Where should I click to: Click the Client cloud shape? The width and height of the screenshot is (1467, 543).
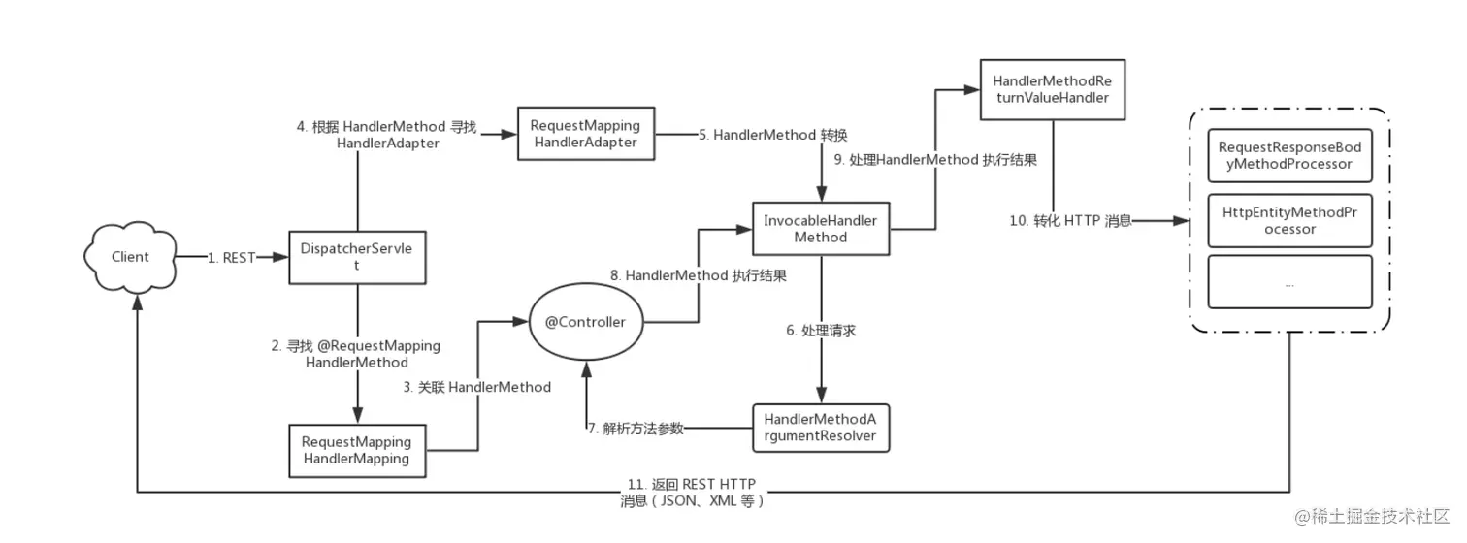point(130,257)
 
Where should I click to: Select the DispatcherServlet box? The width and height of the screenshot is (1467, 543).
point(358,257)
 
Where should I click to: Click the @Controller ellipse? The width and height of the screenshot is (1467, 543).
point(585,321)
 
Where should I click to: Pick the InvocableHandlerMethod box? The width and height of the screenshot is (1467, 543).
point(821,229)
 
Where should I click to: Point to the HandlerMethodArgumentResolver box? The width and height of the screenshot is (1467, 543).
point(821,428)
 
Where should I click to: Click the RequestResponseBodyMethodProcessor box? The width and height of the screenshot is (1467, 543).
point(1289,155)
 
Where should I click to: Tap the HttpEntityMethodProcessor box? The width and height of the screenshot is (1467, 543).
point(1289,220)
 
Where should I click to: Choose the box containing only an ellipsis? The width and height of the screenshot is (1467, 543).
point(1289,283)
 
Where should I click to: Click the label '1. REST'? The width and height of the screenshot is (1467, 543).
point(231,258)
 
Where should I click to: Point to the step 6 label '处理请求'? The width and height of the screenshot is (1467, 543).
point(821,331)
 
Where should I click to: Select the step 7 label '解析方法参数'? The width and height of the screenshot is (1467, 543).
point(636,429)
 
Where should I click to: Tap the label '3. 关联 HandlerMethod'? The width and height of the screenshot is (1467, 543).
point(476,387)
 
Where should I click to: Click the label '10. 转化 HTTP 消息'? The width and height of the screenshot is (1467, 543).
point(1070,221)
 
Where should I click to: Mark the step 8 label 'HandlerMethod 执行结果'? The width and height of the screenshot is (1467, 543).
point(697,275)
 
